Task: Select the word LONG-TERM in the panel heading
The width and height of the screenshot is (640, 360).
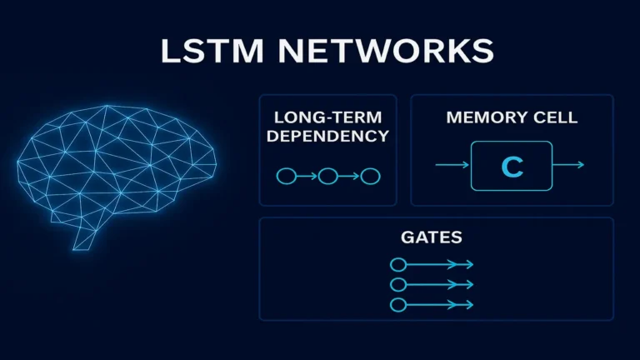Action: pyautogui.click(x=327, y=118)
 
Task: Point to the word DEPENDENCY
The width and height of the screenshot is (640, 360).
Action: pyautogui.click(x=327, y=137)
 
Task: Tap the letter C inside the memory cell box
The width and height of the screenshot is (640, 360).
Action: pyautogui.click(x=512, y=166)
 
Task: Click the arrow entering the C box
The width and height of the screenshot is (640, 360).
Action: pyautogui.click(x=452, y=166)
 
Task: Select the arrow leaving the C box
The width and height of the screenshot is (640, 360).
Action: pyautogui.click(x=568, y=166)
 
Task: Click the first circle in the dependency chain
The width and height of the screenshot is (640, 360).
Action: pyautogui.click(x=285, y=176)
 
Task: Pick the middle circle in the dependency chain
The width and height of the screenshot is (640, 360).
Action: pyautogui.click(x=327, y=176)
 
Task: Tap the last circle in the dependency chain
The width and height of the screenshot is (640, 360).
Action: pyautogui.click(x=371, y=176)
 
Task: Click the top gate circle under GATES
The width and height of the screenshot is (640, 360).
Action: pyautogui.click(x=397, y=265)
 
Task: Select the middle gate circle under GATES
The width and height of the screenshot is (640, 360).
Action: pyautogui.click(x=397, y=284)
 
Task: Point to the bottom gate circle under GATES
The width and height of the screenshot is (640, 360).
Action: pyautogui.click(x=397, y=303)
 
